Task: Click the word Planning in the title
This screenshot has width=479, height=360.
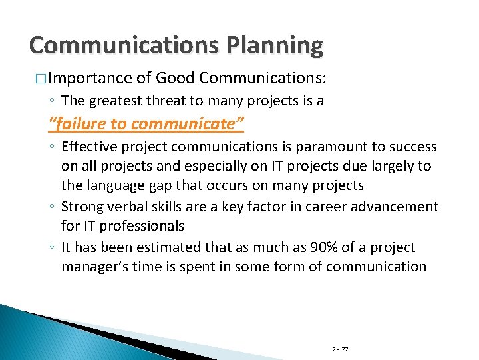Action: click(x=275, y=45)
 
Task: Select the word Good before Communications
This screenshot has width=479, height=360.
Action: click(x=174, y=78)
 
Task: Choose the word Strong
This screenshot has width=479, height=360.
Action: click(x=83, y=207)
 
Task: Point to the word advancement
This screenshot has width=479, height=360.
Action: click(x=395, y=207)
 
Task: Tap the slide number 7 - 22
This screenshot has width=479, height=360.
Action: click(x=341, y=349)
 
